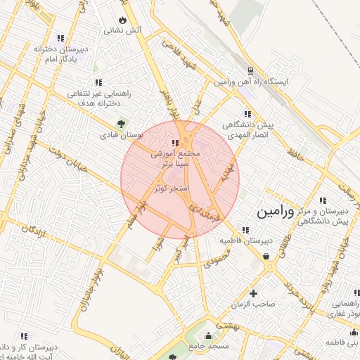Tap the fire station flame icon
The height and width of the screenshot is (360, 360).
[124, 20]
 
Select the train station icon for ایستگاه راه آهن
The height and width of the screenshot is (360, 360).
[250, 72]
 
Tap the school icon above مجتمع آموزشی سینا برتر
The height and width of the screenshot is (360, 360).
[176, 143]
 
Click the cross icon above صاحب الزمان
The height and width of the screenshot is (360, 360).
[254, 292]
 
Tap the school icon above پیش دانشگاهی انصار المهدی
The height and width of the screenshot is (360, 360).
[247, 113]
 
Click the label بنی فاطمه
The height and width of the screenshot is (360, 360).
[342, 342]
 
